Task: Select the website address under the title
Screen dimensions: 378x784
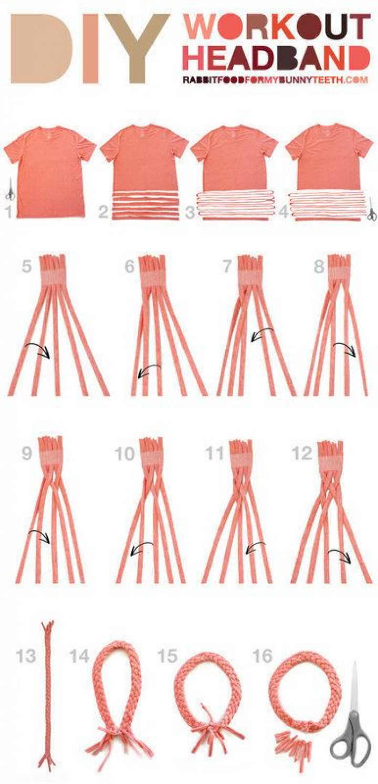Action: [x=276, y=80]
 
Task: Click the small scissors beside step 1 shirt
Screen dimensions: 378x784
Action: [x=11, y=189]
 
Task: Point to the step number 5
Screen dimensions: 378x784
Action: [x=27, y=267]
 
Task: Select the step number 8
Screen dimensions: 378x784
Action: [x=319, y=267]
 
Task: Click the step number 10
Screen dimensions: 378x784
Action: [x=125, y=455]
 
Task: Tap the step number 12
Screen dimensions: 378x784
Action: [x=302, y=454]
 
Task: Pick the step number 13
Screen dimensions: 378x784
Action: [x=26, y=656]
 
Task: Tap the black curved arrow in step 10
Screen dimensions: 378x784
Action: [x=142, y=546]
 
